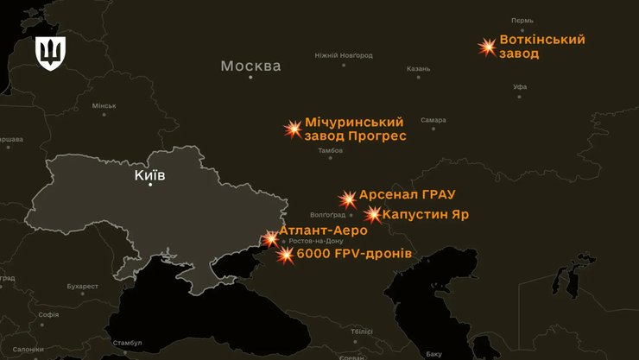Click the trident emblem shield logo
[x=49, y=53]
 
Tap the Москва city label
[x=250, y=66]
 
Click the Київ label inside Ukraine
[x=149, y=175]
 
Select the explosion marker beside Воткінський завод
[x=488, y=47]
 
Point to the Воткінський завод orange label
[x=542, y=47]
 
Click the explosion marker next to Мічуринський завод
[x=294, y=129]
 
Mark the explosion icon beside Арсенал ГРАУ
[x=347, y=199]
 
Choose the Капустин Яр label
[x=425, y=214]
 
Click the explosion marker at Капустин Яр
[x=372, y=215]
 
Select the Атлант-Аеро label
[x=323, y=231]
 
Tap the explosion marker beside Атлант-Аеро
[x=270, y=238]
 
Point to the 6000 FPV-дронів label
[x=354, y=254]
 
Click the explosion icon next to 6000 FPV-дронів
[x=286, y=255]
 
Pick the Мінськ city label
[x=104, y=106]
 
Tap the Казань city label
[x=418, y=69]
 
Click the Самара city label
[x=433, y=120]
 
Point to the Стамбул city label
[x=127, y=343]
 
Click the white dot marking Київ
[x=150, y=185]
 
